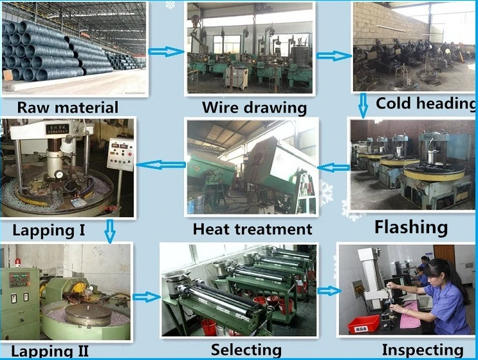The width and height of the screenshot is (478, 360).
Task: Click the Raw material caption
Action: (x=68, y=108)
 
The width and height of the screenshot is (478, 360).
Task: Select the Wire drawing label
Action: (x=254, y=108)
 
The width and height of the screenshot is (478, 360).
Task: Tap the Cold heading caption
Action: (x=426, y=104)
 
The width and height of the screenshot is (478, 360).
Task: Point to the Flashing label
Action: (x=411, y=227)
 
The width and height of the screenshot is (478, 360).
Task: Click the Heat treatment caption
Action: (x=252, y=229)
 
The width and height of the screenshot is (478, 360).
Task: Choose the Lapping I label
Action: (x=49, y=231)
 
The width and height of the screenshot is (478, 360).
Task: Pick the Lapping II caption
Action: (x=50, y=351)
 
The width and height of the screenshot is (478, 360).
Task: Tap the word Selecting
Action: (x=246, y=350)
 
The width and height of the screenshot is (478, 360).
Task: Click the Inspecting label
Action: (x=423, y=350)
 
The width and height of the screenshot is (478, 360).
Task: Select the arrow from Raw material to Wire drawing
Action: (x=167, y=52)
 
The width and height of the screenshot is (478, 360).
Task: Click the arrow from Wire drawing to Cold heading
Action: (x=334, y=56)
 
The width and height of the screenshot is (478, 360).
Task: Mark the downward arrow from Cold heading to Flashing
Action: (x=363, y=106)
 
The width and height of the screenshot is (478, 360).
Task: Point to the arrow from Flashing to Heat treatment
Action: (x=333, y=167)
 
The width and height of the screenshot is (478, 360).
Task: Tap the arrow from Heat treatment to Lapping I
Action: (x=161, y=165)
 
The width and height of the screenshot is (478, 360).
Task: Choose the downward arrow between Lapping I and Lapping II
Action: (x=110, y=231)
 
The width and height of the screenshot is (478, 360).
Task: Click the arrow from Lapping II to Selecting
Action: (x=147, y=297)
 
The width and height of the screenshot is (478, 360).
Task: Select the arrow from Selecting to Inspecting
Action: (x=329, y=291)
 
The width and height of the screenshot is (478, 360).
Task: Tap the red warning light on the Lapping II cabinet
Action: (x=19, y=262)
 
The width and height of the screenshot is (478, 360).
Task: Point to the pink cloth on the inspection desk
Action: (x=409, y=315)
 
